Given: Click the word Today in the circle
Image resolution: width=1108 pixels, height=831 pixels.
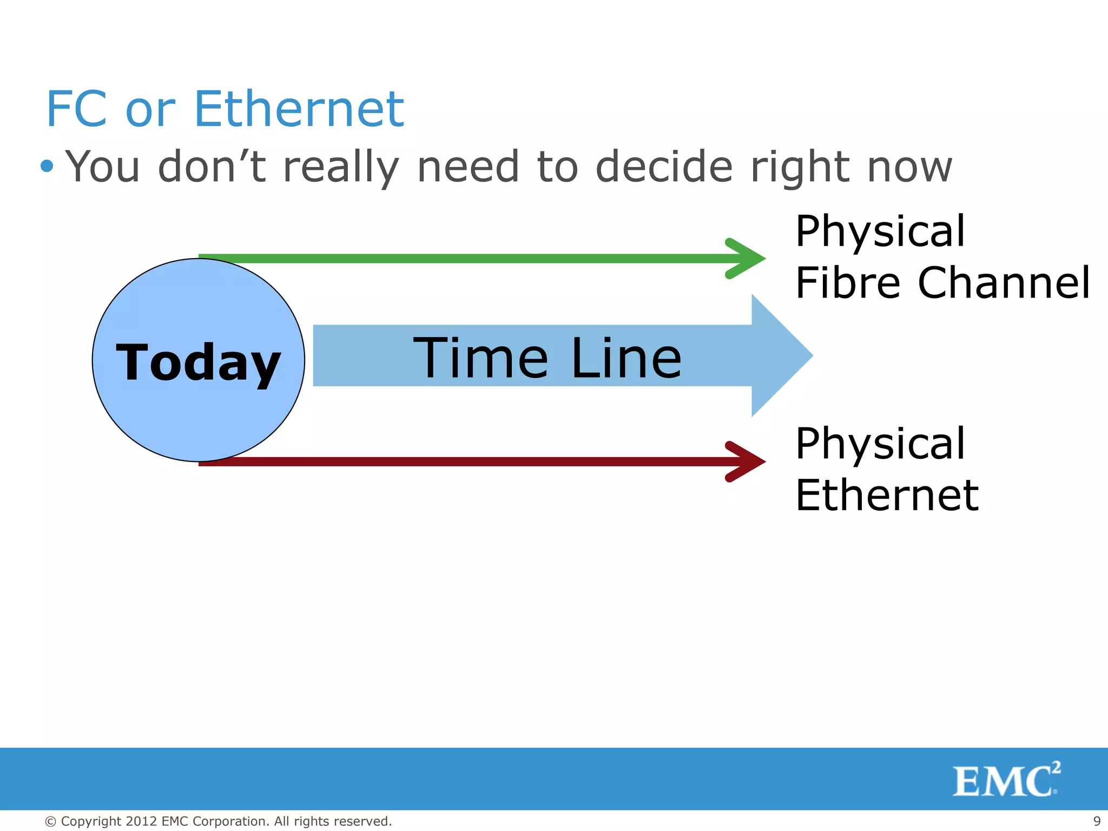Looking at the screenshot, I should click(x=198, y=362).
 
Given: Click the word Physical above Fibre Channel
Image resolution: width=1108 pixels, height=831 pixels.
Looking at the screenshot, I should click(x=880, y=232).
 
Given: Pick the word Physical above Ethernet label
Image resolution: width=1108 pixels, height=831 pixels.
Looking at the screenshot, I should click(x=880, y=444).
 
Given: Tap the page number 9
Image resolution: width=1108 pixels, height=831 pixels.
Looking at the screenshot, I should click(x=1097, y=821).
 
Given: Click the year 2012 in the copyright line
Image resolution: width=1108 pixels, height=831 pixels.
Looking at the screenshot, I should click(x=141, y=821).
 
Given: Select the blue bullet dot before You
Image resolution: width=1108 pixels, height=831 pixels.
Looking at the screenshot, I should click(x=47, y=166).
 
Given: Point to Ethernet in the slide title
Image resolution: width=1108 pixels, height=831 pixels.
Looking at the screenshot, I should click(x=299, y=109).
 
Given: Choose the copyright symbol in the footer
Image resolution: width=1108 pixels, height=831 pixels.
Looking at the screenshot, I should click(x=50, y=822).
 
